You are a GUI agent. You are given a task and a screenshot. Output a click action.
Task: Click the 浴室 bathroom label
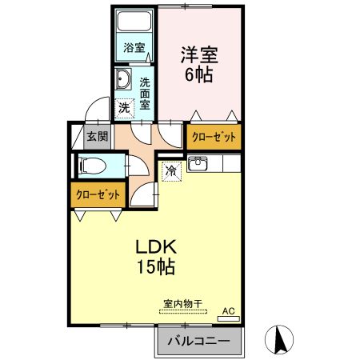click(134, 48)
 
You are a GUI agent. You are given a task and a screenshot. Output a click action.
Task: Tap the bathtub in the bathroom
click(134, 23)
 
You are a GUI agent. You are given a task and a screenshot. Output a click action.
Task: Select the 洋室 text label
click(199, 55)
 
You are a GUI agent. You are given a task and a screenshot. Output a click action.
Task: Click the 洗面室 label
click(145, 92)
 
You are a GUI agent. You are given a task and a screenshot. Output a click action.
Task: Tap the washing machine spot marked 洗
click(124, 106)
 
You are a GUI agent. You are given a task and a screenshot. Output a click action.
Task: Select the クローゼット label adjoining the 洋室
click(214, 138)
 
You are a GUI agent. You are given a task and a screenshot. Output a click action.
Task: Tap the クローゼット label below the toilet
click(98, 194)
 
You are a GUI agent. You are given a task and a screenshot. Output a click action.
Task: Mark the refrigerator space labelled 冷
click(170, 170)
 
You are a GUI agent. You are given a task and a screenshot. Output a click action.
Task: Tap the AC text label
click(228, 310)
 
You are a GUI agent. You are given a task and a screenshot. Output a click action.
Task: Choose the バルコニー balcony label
click(198, 342)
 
